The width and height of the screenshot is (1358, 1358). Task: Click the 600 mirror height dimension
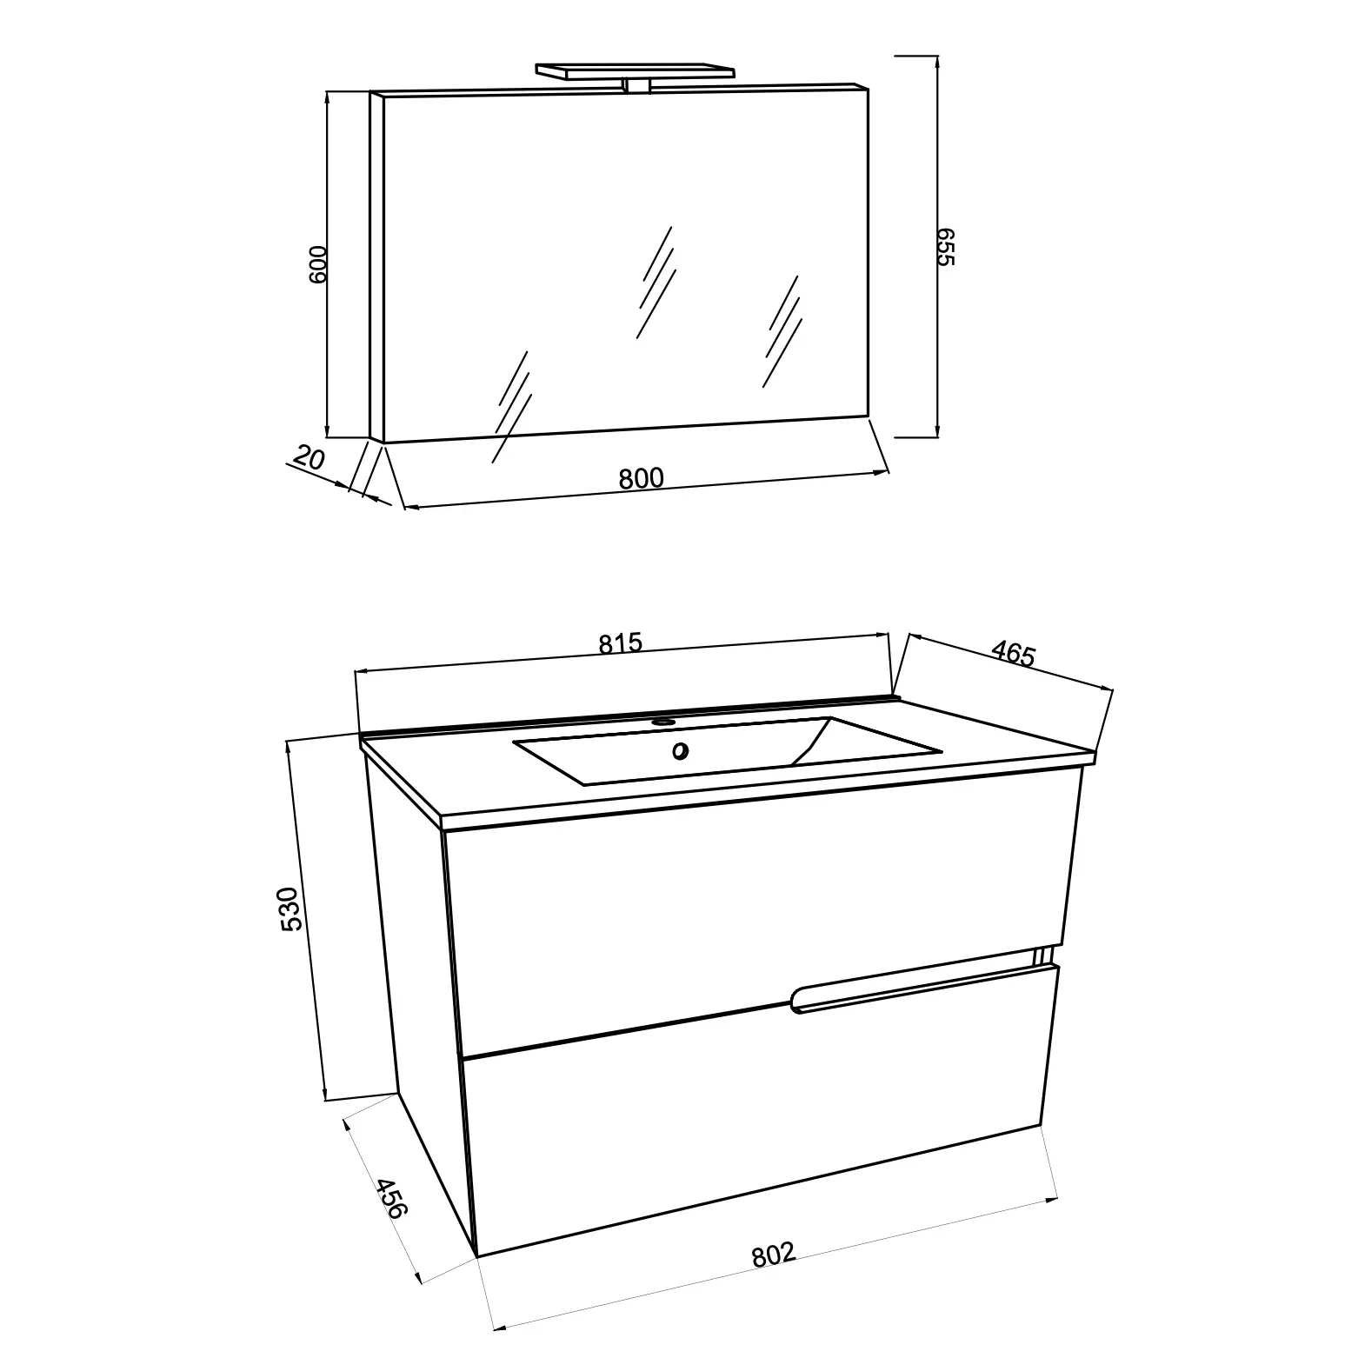coord(317,263)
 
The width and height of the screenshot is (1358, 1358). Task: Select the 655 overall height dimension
coord(946,247)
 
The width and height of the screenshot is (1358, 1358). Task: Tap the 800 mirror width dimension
coord(642,478)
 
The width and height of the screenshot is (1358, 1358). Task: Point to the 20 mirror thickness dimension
coord(309,457)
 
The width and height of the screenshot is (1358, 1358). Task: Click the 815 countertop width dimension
coord(620,643)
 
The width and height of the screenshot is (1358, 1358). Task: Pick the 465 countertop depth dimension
coord(1014,653)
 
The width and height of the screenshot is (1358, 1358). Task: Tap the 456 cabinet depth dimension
coord(390,1198)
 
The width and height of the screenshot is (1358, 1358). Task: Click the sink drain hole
coord(680,751)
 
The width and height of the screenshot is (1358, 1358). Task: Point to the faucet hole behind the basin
coord(664,721)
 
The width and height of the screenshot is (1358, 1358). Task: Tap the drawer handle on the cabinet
coord(922,985)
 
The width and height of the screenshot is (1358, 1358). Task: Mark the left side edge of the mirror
coord(376,267)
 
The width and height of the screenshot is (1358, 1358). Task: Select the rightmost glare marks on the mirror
coord(782,331)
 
